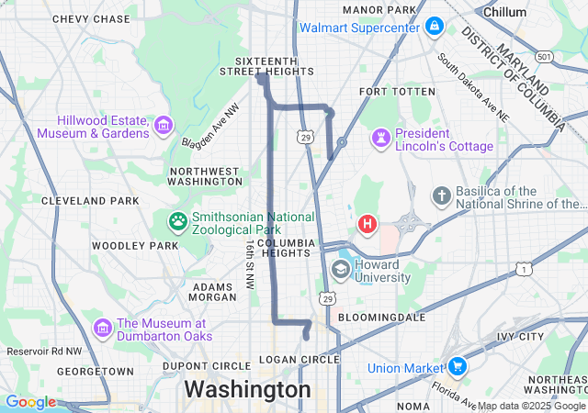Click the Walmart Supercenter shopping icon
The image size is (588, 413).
(434, 28)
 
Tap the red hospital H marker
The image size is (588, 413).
(367, 224)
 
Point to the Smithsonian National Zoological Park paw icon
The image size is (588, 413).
(176, 221)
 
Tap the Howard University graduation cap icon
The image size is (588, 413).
(341, 269)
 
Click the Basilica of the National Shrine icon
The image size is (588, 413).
(442, 195)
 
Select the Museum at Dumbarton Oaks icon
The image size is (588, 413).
(101, 328)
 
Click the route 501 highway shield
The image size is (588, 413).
(545, 57)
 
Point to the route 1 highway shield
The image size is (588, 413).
(524, 269)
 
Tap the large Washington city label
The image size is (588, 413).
(247, 390)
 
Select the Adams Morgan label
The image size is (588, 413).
(212, 292)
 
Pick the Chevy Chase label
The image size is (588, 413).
(91, 19)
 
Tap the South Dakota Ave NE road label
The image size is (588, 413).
(472, 87)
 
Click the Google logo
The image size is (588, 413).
(29, 402)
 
